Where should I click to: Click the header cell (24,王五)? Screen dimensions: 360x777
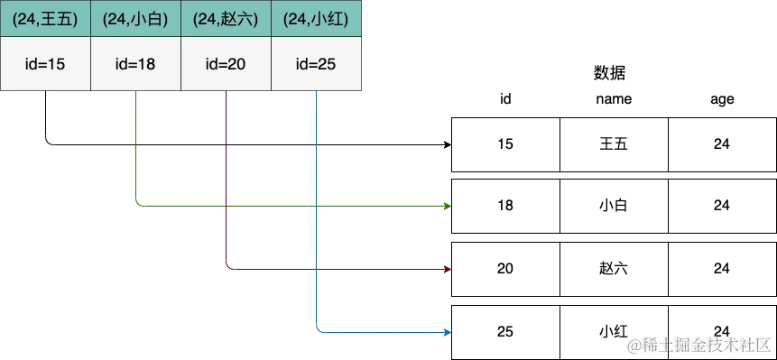[x=45, y=19]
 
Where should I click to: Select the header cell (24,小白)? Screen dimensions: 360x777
[x=135, y=19]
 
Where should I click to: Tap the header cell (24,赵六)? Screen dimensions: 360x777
[x=226, y=19]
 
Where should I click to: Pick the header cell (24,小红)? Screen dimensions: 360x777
[x=316, y=19]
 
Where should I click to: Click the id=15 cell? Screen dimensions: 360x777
[x=45, y=64]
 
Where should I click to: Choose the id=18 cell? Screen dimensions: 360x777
[x=135, y=64]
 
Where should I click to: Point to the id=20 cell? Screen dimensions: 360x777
[x=226, y=64]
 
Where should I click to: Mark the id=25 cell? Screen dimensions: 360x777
[x=316, y=64]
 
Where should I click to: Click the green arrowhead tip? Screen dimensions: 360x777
[x=449, y=207]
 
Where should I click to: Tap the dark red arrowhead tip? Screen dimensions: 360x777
[x=449, y=269]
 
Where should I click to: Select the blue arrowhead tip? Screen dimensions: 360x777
[x=449, y=334]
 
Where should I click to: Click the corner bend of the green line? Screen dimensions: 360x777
[x=135, y=206]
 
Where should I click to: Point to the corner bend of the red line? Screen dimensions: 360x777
[x=227, y=268]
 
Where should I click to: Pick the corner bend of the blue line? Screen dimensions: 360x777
[x=317, y=333]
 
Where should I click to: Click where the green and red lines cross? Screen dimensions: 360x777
[x=227, y=207]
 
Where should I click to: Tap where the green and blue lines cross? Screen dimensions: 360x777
[x=316, y=207]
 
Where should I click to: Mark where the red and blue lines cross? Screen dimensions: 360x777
[x=316, y=269]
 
